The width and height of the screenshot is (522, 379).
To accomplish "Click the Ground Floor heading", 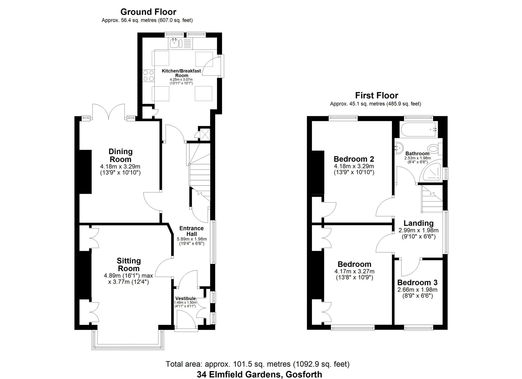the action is (x=148, y=12).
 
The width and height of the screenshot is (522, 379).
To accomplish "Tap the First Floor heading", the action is (x=377, y=95).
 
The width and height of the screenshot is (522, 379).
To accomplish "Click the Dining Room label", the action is (x=120, y=155).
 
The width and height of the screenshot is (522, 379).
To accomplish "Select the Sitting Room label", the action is (x=129, y=264).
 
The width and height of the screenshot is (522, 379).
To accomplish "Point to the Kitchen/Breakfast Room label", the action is (x=181, y=73).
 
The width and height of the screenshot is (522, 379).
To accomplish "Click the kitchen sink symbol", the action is (x=174, y=43).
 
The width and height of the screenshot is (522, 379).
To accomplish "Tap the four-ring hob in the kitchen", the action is (x=148, y=75).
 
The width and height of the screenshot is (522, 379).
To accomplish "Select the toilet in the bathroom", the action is (x=434, y=149).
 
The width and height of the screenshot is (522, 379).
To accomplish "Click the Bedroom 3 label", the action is (x=417, y=283).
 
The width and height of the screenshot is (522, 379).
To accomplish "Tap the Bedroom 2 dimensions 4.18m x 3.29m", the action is (x=354, y=166).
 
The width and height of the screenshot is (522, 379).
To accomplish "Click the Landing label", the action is (x=418, y=223).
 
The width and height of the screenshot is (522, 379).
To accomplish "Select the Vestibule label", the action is (x=185, y=299).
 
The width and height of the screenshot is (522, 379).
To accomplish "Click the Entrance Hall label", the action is (x=191, y=231).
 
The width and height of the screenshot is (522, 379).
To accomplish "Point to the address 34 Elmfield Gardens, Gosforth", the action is (x=260, y=374).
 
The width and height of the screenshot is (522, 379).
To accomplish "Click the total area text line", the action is (x=257, y=364).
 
